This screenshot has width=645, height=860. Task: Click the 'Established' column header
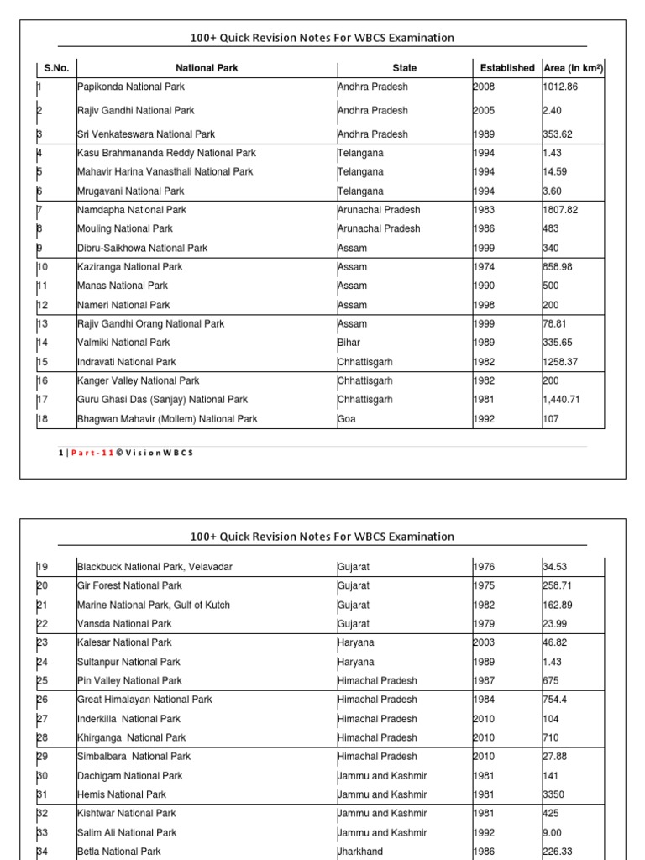pyautogui.click(x=507, y=68)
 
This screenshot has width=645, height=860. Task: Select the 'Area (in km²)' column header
pyautogui.click(x=574, y=68)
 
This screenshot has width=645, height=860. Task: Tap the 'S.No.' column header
pyautogui.click(x=56, y=68)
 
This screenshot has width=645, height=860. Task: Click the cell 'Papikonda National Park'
pyautogui.click(x=130, y=87)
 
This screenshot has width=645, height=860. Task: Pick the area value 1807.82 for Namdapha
pyautogui.click(x=561, y=210)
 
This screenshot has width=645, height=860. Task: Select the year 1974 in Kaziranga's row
pyautogui.click(x=485, y=267)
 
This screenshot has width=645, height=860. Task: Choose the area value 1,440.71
pyautogui.click(x=562, y=400)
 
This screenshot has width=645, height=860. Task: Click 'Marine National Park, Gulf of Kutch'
pyautogui.click(x=153, y=606)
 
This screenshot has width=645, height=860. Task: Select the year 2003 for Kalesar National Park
pyautogui.click(x=485, y=643)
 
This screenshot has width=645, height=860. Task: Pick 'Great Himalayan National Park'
pyautogui.click(x=144, y=700)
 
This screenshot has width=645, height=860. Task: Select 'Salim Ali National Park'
pyautogui.click(x=127, y=833)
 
